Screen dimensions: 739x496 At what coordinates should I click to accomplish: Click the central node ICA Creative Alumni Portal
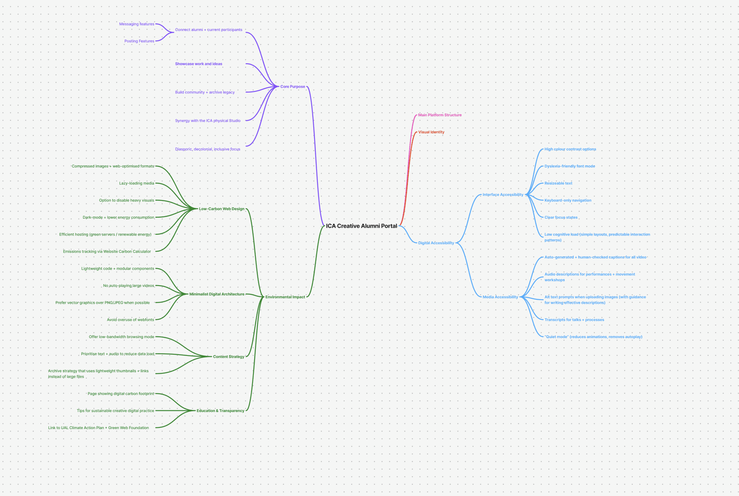tap(361, 226)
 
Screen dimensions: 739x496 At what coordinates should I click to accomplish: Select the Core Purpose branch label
tap(293, 87)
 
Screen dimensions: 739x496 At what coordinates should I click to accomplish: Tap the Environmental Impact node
tap(285, 297)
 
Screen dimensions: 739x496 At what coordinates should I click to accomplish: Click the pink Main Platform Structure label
tap(440, 115)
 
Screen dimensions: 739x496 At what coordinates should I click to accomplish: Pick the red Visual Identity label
tap(431, 132)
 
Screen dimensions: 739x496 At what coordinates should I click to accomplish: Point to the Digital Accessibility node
tap(436, 243)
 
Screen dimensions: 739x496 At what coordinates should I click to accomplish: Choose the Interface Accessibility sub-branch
tap(503, 195)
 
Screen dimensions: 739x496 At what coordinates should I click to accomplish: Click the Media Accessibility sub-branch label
tap(500, 297)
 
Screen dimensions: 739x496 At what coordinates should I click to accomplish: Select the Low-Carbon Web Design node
tap(222, 209)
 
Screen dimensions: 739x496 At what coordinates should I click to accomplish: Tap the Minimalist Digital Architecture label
tap(217, 294)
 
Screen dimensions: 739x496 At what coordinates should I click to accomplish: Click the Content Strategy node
tap(229, 357)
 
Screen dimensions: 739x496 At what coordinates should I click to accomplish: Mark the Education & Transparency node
tap(220, 411)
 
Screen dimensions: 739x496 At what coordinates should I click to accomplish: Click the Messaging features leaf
tap(136, 24)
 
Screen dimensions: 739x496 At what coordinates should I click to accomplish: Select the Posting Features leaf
tap(139, 41)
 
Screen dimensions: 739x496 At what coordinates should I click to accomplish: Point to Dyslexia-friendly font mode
tap(570, 166)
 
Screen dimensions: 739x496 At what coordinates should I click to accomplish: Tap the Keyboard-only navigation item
tap(567, 200)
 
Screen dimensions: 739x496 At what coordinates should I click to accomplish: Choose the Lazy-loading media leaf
tap(136, 184)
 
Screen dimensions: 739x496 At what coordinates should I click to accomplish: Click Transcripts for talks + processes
tap(574, 320)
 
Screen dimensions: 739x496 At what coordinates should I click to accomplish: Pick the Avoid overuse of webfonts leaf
tap(130, 320)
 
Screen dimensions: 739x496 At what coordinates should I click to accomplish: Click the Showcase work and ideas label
tap(198, 64)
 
